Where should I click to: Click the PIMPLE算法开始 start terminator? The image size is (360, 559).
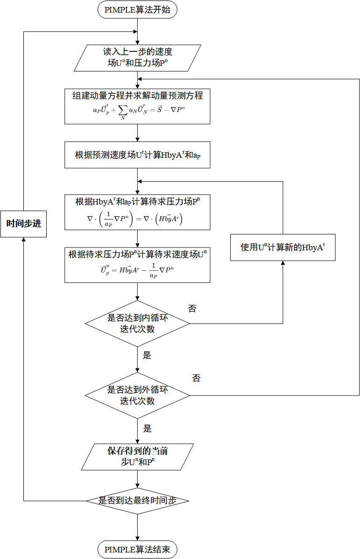pyautogui.click(x=137, y=10)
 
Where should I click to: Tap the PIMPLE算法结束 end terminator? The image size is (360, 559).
pyautogui.click(x=137, y=550)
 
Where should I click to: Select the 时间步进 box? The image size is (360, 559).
pyautogui.click(x=23, y=223)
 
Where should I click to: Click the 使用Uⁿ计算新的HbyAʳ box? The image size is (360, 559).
pyautogui.click(x=283, y=247)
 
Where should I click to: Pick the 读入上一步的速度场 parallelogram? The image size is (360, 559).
pyautogui.click(x=137, y=58)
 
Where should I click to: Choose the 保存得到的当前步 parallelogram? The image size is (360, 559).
pyautogui.click(x=137, y=457)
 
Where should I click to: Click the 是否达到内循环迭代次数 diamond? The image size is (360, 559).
pyautogui.click(x=137, y=323)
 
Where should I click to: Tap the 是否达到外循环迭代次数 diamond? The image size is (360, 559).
pyautogui.click(x=137, y=395)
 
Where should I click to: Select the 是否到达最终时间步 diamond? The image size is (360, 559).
pyautogui.click(x=137, y=501)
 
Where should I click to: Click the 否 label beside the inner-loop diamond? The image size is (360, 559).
pyautogui.click(x=192, y=309)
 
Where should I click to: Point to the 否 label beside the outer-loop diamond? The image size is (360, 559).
pyautogui.click(x=196, y=378)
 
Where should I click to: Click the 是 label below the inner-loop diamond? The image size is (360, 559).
pyautogui.click(x=147, y=355)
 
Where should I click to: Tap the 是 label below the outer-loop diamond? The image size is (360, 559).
pyautogui.click(x=147, y=428)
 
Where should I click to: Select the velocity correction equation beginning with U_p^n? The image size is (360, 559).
pyautogui.click(x=137, y=271)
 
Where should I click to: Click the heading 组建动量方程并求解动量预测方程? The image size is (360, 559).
pyautogui.click(x=137, y=95)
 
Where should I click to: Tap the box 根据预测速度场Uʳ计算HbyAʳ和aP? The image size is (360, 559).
pyautogui.click(x=137, y=155)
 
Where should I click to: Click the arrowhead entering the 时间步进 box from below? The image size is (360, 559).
pyautogui.click(x=23, y=240)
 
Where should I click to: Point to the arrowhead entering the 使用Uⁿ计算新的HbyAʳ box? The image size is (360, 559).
pyautogui.click(x=283, y=263)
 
